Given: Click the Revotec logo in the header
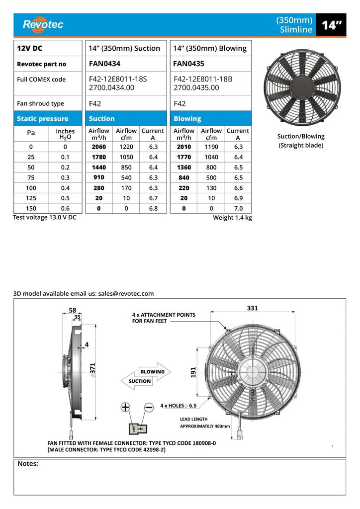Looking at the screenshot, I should click(x=43, y=24).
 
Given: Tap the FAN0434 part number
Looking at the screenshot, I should click(x=104, y=64).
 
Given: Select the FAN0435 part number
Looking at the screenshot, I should click(x=189, y=64).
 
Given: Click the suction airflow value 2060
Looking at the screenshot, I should click(x=99, y=147).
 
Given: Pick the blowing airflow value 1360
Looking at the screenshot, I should click(x=184, y=167).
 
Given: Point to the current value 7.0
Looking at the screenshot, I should click(x=238, y=209).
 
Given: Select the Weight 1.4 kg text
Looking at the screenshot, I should click(x=232, y=218).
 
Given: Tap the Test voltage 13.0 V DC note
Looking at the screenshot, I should click(x=44, y=218).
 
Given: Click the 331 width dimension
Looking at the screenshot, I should click(x=253, y=308).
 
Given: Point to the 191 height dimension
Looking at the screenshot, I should click(x=194, y=371).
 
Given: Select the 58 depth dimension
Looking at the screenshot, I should click(x=73, y=310).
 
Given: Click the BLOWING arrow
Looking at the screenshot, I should click(x=152, y=371).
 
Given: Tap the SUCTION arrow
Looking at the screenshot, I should click(x=140, y=381).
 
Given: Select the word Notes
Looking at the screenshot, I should click(x=28, y=464).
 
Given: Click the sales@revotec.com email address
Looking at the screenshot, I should click(x=126, y=294).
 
